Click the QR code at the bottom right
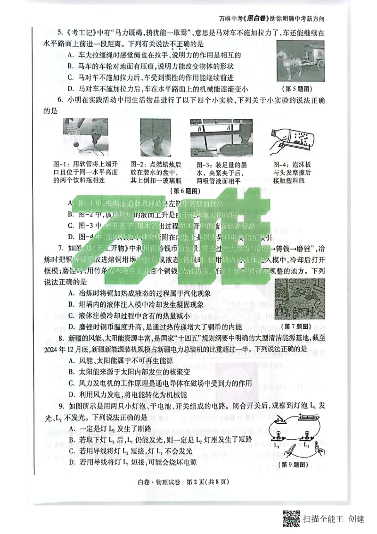[x=292, y=519]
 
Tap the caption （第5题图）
[x=300, y=89]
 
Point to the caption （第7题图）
[x=295, y=326]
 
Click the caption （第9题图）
[x=294, y=465]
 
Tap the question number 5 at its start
[x=60, y=33]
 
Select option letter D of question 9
[x=71, y=462]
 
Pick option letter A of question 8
[x=71, y=360]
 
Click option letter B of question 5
[x=71, y=67]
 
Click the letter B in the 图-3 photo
[x=200, y=128]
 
